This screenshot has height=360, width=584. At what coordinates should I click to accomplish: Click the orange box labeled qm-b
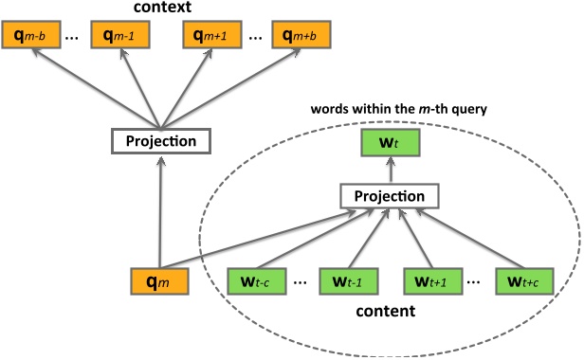(31, 38)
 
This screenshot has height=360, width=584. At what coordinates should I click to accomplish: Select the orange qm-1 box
(119, 38)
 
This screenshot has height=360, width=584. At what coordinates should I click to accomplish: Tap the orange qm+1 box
(210, 38)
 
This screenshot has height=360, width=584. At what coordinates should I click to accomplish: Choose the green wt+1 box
(433, 282)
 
